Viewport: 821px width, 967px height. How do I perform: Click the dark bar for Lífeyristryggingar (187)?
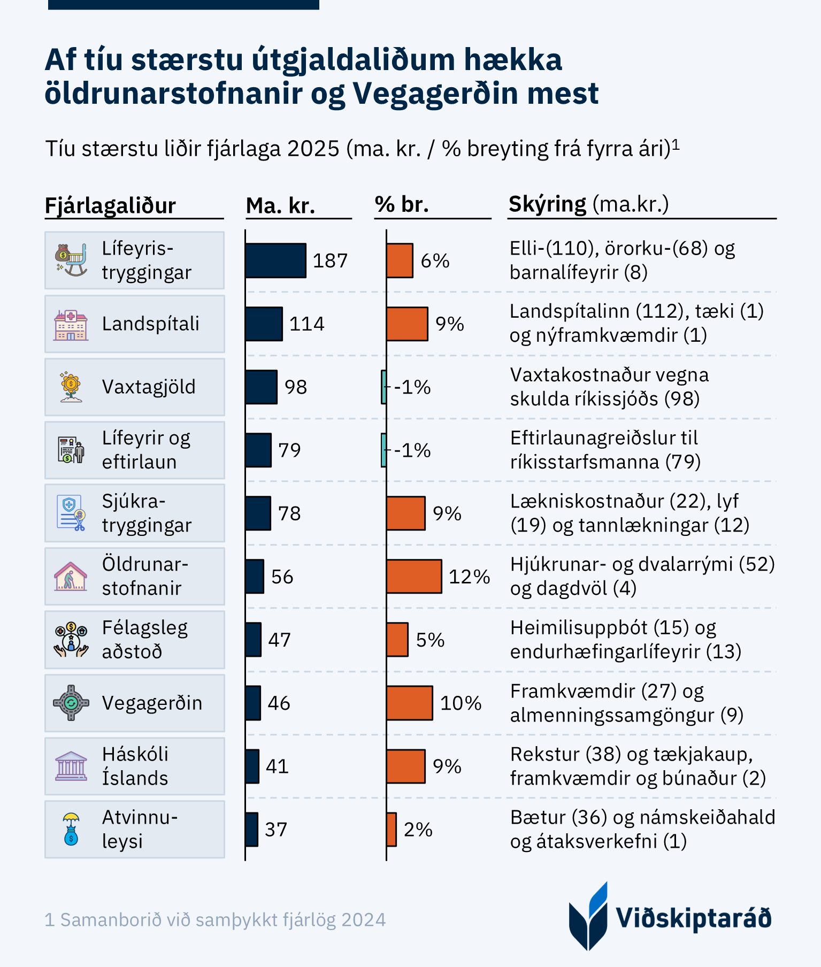(275, 260)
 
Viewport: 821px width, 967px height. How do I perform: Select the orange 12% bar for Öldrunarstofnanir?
(414, 577)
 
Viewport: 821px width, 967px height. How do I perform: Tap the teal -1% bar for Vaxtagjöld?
(383, 387)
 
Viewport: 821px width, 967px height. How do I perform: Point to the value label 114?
(306, 324)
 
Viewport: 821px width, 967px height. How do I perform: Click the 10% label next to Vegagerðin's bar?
(461, 703)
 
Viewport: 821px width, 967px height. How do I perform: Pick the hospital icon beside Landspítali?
(71, 325)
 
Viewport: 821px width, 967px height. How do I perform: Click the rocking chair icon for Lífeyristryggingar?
(71, 260)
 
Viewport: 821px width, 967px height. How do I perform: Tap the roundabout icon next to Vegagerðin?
(71, 703)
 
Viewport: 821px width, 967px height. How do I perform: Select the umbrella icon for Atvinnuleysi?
(71, 829)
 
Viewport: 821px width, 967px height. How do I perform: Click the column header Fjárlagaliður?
(110, 205)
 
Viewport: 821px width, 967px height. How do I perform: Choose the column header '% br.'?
(402, 204)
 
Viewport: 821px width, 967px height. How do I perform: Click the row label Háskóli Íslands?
(135, 766)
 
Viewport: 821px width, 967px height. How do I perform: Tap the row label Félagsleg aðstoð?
(145, 640)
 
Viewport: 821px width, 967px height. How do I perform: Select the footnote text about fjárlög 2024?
(215, 920)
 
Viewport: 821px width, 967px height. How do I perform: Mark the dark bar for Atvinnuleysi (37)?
(251, 829)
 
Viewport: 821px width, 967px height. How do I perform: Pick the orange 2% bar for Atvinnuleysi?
(392, 829)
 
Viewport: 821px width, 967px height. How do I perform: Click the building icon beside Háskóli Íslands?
(71, 766)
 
